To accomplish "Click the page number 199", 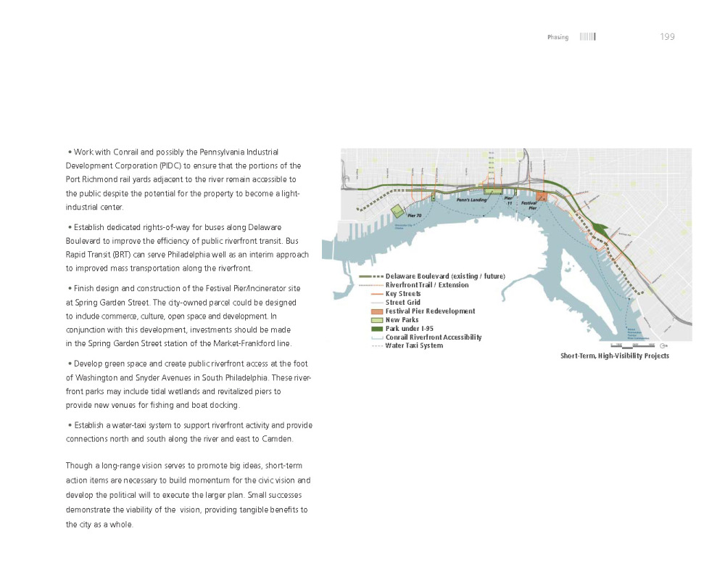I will tap(667, 37).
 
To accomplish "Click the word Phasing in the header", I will tap(558, 38).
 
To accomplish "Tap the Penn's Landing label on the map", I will tap(471, 199).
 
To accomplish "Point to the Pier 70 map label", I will tap(414, 216).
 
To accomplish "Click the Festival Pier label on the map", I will tap(529, 205).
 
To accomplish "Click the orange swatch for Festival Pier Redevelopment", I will tap(376, 311).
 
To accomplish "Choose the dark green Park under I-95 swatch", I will tap(376, 329).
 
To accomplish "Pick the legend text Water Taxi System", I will tap(414, 346).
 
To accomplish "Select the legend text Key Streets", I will tap(403, 294).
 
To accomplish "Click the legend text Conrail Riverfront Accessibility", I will tap(434, 337).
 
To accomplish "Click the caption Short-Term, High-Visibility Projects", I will tap(614, 356).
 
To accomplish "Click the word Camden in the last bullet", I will tap(278, 440).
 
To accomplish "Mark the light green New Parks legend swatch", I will tap(376, 320).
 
